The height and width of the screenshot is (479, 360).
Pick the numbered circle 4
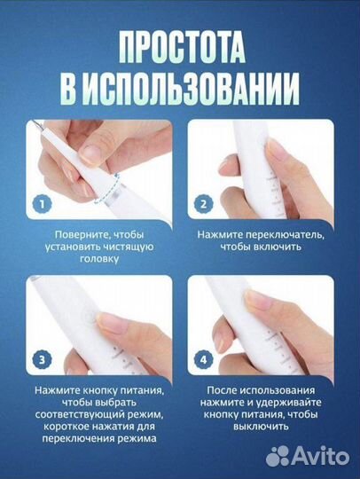[x=203, y=359]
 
